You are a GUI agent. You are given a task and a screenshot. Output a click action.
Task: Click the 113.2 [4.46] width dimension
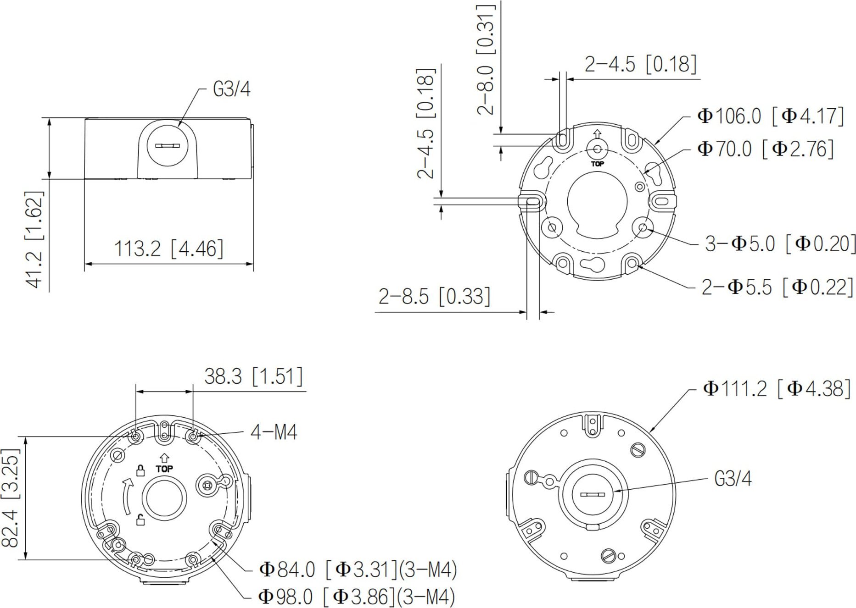168,249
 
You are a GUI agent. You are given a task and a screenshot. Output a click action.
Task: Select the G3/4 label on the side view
231,89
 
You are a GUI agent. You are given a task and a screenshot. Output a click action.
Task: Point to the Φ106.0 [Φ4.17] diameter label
770,116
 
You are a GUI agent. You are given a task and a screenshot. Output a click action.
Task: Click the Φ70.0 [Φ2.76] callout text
765,149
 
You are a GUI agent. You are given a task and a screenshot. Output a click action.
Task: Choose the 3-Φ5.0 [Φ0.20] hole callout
780,243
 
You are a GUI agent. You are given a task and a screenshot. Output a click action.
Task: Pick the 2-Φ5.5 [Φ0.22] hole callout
777,287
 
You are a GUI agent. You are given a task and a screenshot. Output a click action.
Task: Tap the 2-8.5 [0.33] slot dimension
434,297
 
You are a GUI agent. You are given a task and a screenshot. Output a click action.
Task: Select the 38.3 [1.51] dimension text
253,376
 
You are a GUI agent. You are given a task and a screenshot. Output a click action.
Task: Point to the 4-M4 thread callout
274,432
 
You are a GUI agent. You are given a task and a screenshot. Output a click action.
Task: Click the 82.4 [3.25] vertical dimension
11,497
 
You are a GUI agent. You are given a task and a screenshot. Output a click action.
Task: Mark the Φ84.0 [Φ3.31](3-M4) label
358,570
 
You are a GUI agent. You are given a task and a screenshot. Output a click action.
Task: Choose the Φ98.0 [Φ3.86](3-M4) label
356,597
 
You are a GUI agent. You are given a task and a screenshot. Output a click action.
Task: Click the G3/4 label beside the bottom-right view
733,479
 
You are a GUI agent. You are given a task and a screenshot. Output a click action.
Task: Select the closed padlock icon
141,470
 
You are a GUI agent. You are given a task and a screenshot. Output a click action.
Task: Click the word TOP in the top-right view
597,164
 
